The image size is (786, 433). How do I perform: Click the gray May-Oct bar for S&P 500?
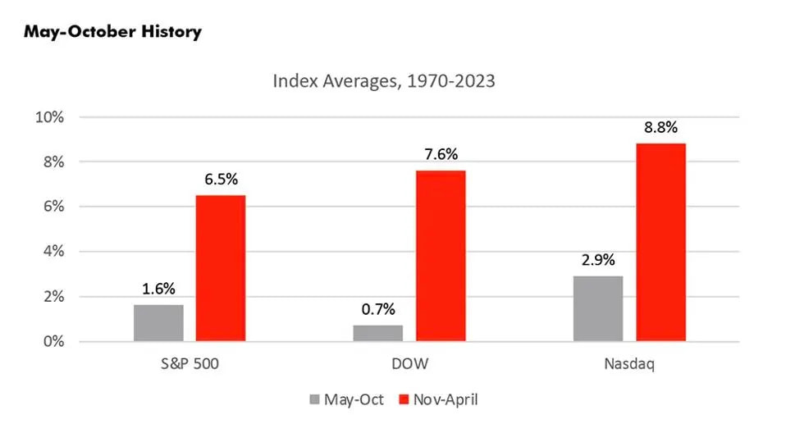(x=158, y=323)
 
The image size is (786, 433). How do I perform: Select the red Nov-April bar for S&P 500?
(x=220, y=268)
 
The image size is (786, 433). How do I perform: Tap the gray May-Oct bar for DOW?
(x=378, y=333)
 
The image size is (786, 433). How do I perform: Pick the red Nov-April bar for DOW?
(x=441, y=256)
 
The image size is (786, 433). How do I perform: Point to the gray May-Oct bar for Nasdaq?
(x=598, y=308)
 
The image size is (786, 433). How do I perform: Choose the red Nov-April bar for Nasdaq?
(x=660, y=243)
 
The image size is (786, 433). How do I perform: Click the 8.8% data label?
(x=660, y=128)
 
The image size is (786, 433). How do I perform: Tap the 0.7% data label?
(x=378, y=309)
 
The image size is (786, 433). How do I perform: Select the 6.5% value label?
(x=220, y=180)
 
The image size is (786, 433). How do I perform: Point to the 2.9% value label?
(x=598, y=260)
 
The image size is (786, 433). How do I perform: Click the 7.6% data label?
(x=441, y=155)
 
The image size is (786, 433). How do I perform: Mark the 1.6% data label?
(x=158, y=289)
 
